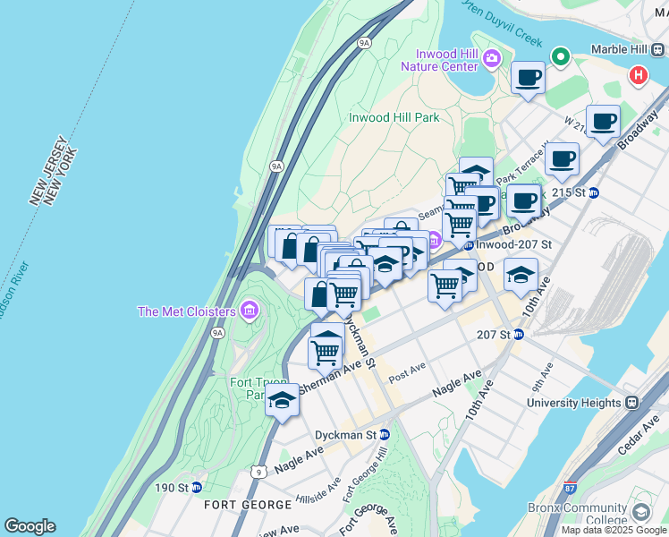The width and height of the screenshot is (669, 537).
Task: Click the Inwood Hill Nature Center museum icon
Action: tap(491, 59)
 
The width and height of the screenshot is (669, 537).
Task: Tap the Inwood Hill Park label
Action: tap(394, 117)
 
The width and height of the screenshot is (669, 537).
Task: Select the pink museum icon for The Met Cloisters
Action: tap(250, 311)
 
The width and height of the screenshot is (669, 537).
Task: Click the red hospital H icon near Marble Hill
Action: tap(638, 75)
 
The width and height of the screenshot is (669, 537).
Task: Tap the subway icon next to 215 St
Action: tap(593, 192)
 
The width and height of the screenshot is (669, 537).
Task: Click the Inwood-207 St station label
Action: tap(514, 243)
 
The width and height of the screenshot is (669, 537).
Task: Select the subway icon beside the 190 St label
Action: tap(196, 488)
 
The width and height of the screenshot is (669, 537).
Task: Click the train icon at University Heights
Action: tap(631, 403)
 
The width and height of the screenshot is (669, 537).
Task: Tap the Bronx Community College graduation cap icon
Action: tap(640, 512)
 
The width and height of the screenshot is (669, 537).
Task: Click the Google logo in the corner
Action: tap(30, 526)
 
